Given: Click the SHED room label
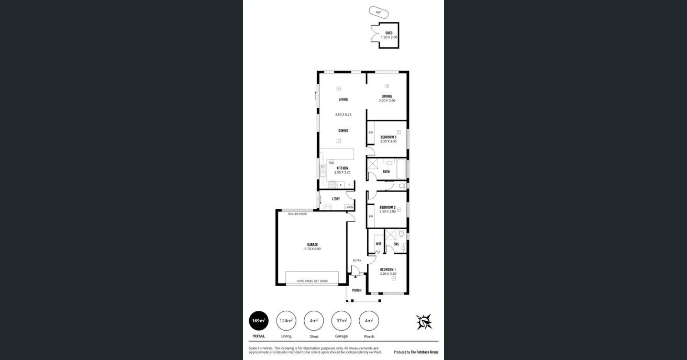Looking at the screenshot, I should [389, 33].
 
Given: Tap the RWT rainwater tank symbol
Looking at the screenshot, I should [379, 12].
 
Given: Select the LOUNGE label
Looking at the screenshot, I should [387, 96].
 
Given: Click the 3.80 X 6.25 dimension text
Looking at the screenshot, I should [343, 115].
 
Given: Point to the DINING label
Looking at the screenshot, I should [343, 131].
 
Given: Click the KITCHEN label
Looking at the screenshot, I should [342, 168].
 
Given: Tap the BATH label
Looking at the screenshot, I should [386, 172].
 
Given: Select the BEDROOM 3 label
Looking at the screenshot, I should [388, 137].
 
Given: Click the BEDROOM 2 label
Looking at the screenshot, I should [387, 207].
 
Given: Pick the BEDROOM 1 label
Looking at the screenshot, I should [388, 269].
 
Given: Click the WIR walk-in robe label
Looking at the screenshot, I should [379, 244].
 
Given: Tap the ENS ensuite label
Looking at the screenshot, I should [396, 244].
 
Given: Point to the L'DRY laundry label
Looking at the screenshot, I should [336, 199].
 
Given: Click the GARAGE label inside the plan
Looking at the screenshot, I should [312, 244].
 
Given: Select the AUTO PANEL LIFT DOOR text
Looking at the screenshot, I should [312, 281].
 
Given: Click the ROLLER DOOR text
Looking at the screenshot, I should [297, 214].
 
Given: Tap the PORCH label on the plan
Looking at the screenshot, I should [357, 290].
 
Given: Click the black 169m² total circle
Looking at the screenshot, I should [259, 321].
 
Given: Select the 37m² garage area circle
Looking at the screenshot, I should [341, 321].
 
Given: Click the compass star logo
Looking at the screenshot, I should [424, 322].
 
